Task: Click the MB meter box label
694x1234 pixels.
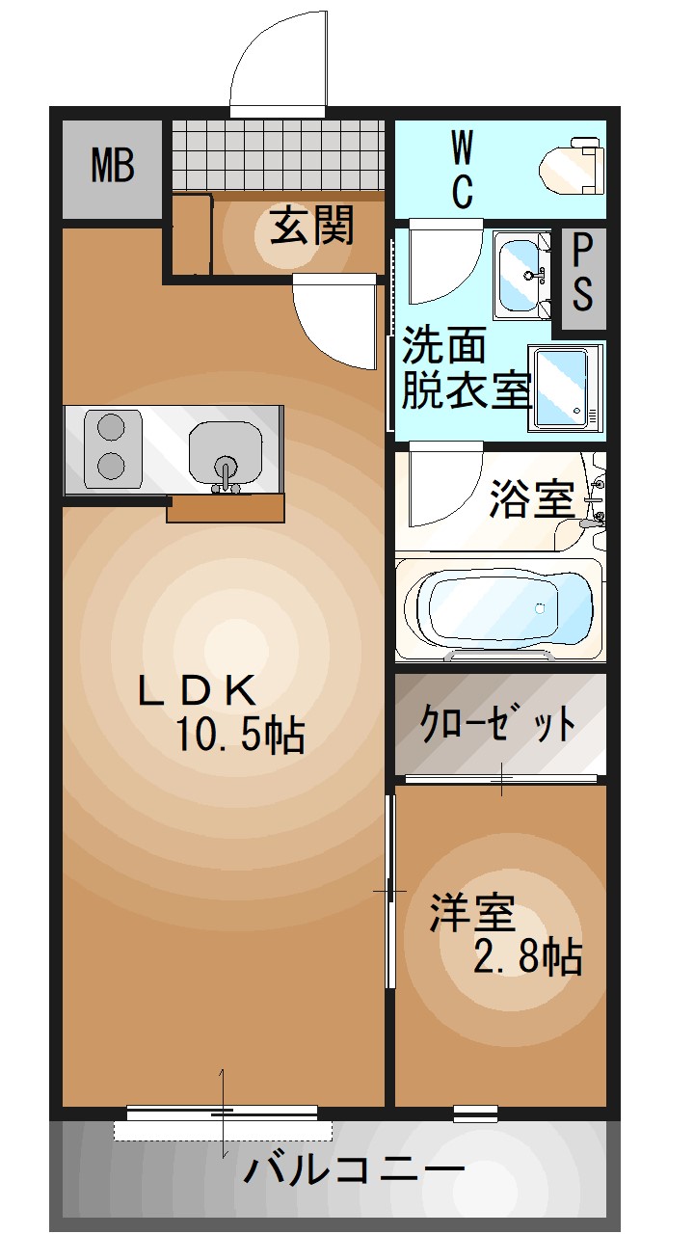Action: pyautogui.click(x=113, y=167)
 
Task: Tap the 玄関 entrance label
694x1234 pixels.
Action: pyautogui.click(x=311, y=226)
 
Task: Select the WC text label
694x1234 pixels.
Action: pyautogui.click(x=463, y=171)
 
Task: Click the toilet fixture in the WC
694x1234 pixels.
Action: pyautogui.click(x=571, y=167)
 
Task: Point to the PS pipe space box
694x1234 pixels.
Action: pyautogui.click(x=582, y=275)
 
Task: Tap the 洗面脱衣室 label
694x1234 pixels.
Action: pyautogui.click(x=467, y=368)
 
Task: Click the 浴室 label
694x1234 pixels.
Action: pyautogui.click(x=531, y=499)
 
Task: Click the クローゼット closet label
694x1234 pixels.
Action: pyautogui.click(x=498, y=722)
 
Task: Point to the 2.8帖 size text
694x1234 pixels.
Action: pyautogui.click(x=526, y=957)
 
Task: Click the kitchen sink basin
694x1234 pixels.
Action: pyautogui.click(x=226, y=452)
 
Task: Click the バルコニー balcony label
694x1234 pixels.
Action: pyautogui.click(x=355, y=1170)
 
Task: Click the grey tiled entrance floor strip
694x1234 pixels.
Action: pyautogui.click(x=280, y=154)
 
